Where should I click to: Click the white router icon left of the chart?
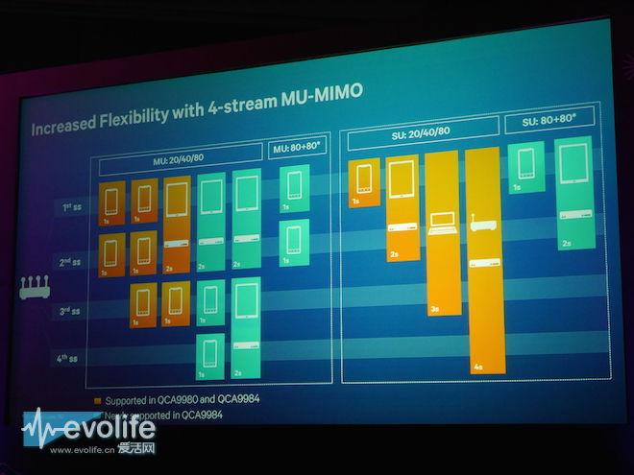36,286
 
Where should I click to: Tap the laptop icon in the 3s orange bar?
441,224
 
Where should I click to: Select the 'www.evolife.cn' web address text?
81,449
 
